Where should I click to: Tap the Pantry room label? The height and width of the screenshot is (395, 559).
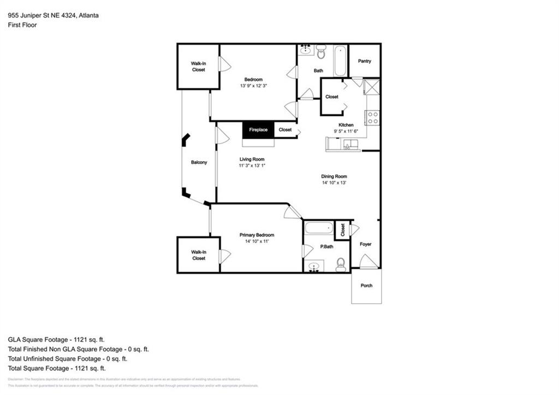pyautogui.click(x=364, y=61)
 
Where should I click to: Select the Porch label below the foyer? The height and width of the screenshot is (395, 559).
pyautogui.click(x=366, y=286)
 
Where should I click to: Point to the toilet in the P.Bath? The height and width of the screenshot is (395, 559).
pyautogui.click(x=341, y=266)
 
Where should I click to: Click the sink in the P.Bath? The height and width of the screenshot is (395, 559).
pyautogui.click(x=313, y=267)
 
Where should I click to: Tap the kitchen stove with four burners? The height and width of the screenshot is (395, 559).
pyautogui.click(x=373, y=117)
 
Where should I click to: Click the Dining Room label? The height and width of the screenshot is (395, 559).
pyautogui.click(x=334, y=176)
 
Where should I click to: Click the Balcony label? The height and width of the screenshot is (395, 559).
pyautogui.click(x=199, y=162)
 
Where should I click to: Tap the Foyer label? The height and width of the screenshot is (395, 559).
pyautogui.click(x=365, y=244)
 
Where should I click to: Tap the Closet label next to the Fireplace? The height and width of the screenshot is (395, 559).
pyautogui.click(x=285, y=130)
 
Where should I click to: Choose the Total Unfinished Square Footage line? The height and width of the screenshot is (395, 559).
pyautogui.click(x=68, y=359)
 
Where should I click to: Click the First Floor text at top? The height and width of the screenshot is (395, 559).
pyautogui.click(x=22, y=25)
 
